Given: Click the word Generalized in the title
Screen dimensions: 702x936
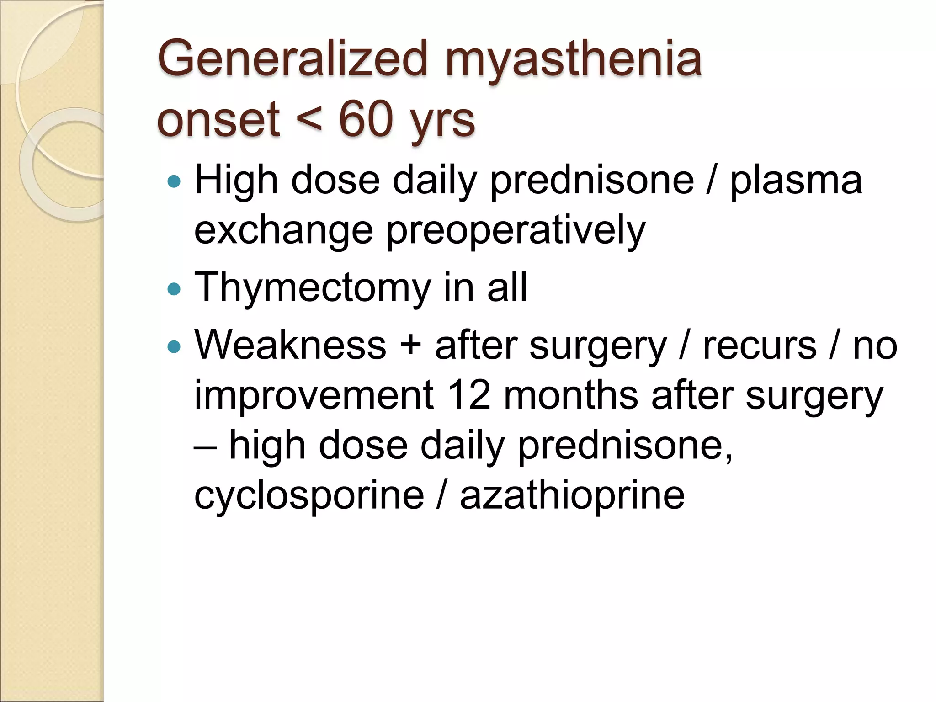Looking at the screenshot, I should click(292, 58).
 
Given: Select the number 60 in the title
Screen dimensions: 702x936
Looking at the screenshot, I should click(366, 119).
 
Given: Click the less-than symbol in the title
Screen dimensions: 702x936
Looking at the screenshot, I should click(309, 120).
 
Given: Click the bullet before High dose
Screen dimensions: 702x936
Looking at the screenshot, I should click(174, 182).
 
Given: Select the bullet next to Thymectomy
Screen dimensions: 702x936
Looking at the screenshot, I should click(174, 289).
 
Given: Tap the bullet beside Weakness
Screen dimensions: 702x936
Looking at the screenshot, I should click(174, 347).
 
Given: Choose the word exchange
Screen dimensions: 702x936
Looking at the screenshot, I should click(284, 231).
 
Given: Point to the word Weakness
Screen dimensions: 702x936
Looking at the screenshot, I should click(291, 345).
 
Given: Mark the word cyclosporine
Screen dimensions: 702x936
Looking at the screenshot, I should click(309, 496).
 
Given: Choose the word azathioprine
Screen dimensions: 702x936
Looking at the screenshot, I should click(572, 496).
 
